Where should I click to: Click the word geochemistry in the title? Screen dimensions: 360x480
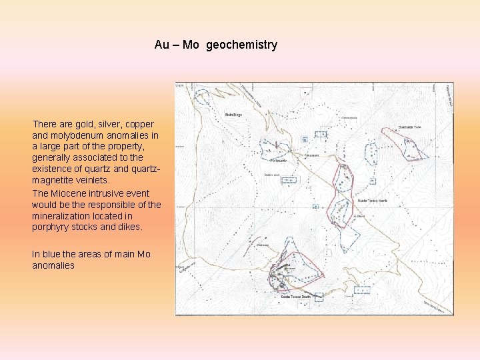(x=241, y=45)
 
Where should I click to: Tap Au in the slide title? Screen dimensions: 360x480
(x=161, y=45)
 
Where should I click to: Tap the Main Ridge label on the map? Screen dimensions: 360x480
(x=233, y=114)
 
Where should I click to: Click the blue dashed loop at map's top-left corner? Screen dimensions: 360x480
(x=201, y=97)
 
